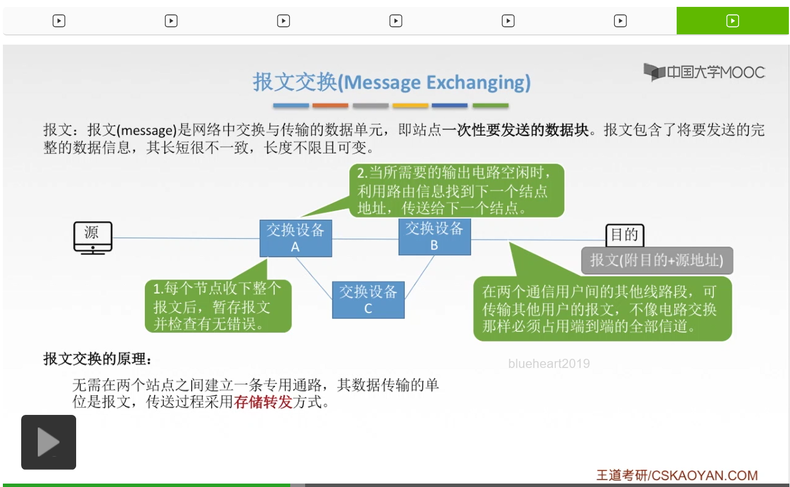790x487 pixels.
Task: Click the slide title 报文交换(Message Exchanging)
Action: click(x=392, y=82)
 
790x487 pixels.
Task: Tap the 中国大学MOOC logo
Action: click(x=704, y=72)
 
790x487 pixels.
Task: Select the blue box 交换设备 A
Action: click(x=295, y=238)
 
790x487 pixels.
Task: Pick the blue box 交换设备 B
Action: click(x=434, y=236)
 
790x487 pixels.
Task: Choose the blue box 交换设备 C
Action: click(x=368, y=299)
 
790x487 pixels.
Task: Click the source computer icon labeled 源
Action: click(x=93, y=237)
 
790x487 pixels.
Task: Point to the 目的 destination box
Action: click(x=625, y=235)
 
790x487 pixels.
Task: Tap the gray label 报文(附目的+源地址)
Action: click(x=657, y=260)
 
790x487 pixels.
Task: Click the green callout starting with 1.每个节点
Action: click(x=218, y=306)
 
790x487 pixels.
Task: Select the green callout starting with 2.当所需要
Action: click(x=456, y=190)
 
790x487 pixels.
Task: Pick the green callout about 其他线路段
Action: click(x=602, y=309)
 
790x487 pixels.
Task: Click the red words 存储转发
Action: click(x=263, y=402)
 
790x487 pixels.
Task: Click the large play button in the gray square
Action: click(x=49, y=442)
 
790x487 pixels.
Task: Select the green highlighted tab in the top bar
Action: click(x=732, y=21)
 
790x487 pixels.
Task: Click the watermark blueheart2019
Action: click(x=548, y=363)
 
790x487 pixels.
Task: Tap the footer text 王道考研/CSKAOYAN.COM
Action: click(x=677, y=475)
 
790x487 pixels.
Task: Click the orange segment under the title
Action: click(x=330, y=106)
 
